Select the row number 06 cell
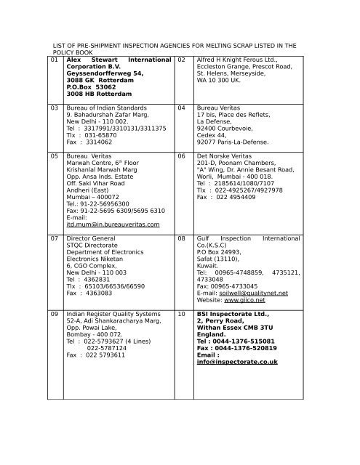point(182,155)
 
